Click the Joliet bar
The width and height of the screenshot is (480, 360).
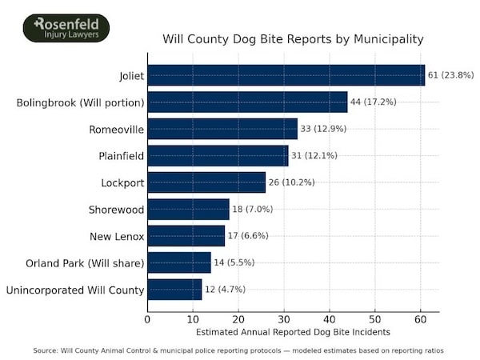(286, 75)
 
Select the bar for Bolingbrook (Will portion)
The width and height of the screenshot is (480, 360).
(247, 102)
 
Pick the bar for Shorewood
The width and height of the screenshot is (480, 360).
(188, 209)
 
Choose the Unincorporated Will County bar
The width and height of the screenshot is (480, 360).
(174, 289)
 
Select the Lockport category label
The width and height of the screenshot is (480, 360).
(122, 182)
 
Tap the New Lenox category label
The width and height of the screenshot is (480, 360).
(117, 236)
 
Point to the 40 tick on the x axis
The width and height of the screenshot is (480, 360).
(329, 319)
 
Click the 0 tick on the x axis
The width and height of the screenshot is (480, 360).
(147, 319)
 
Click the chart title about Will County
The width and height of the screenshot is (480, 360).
(293, 38)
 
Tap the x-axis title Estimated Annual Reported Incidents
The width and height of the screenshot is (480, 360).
(293, 331)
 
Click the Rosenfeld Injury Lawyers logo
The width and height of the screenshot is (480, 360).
(66, 28)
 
